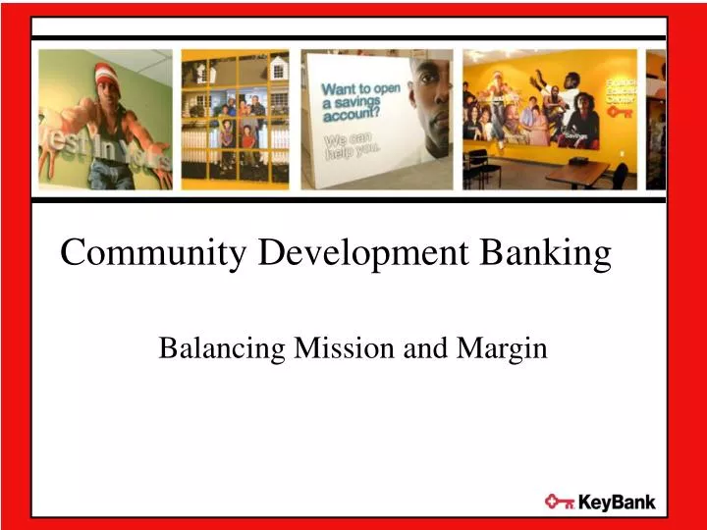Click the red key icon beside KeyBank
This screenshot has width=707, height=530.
click(560, 502)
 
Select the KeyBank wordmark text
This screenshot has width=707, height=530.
click(616, 503)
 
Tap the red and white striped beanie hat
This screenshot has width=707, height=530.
click(106, 74)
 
